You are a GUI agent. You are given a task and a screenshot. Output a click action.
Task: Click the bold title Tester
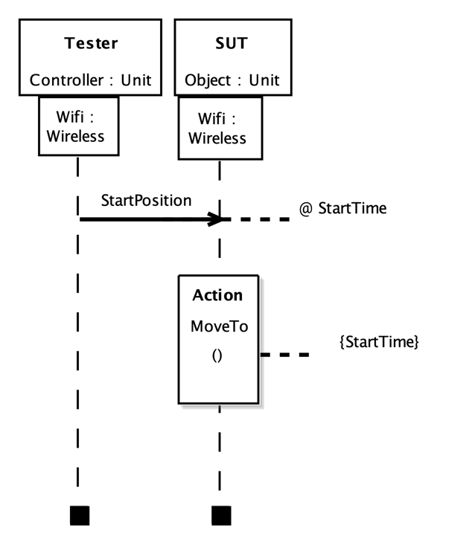pos(91,43)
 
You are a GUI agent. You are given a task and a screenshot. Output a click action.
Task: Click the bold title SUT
pos(231,43)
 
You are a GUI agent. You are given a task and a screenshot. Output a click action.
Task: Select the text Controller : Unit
pos(90,80)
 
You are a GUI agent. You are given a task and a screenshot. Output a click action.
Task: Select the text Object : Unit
pos(232,80)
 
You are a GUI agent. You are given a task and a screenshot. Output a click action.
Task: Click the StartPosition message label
pos(146,201)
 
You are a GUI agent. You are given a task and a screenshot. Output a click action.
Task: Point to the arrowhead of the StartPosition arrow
pos(216,219)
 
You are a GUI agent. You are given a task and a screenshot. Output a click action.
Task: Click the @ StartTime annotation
pos(342,208)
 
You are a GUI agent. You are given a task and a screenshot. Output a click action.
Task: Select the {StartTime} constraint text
pos(379,342)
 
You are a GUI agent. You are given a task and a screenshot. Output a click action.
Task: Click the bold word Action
pos(217,295)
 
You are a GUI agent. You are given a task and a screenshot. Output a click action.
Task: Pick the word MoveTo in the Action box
pos(219,326)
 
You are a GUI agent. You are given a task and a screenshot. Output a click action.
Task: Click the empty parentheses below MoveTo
pos(217,355)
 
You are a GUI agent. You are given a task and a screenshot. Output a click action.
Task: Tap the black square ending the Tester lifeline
pos(79,515)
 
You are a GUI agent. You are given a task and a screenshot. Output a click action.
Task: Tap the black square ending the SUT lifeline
pos(221,515)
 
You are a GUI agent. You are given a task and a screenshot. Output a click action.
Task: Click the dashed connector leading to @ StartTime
pos(257,219)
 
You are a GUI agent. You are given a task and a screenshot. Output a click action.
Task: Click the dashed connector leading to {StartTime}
pos(284,355)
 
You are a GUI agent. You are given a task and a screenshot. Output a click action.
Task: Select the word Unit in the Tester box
pos(135,80)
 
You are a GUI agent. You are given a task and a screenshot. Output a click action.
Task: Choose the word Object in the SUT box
pos(208,80)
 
